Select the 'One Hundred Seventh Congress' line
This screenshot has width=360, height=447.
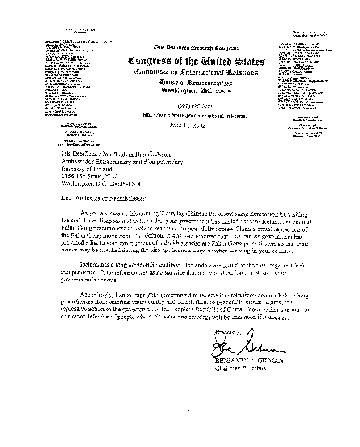[x=197, y=47]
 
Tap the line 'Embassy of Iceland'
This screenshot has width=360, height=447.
[x=85, y=169]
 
